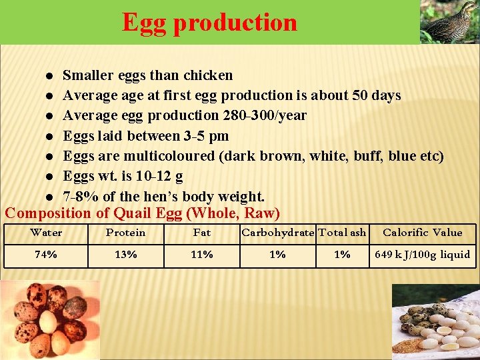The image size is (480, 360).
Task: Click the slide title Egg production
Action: [x=209, y=22]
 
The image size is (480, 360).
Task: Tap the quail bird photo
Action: [x=449, y=21]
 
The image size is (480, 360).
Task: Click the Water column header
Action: [x=46, y=233]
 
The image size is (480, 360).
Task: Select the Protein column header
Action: [x=125, y=233]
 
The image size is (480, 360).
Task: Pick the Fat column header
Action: [x=201, y=233]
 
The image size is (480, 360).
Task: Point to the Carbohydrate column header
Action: [x=277, y=233]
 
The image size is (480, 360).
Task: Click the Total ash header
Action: [x=342, y=233]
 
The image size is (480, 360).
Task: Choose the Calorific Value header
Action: [x=422, y=233]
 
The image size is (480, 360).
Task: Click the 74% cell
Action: [x=46, y=255]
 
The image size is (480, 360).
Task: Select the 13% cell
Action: [x=125, y=255]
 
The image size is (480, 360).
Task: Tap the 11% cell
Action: [x=201, y=255]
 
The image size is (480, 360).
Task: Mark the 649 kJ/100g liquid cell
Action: [x=422, y=255]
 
